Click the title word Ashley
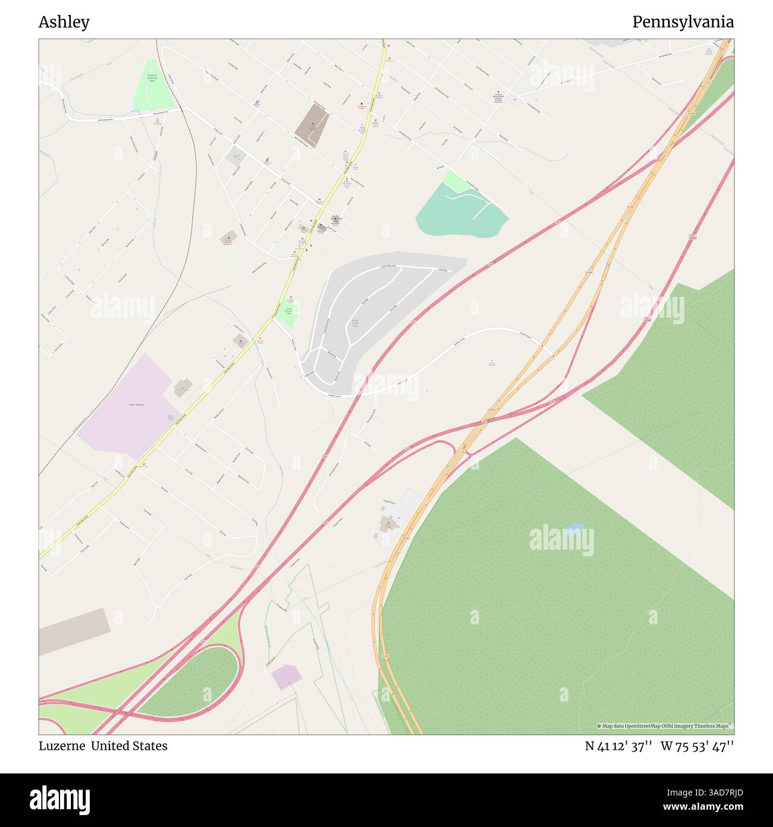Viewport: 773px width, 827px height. (x=64, y=23)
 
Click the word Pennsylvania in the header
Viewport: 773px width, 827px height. (x=683, y=23)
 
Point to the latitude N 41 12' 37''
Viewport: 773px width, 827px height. (x=619, y=746)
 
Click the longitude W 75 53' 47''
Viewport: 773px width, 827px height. (x=697, y=746)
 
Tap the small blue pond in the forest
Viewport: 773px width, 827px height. (x=574, y=527)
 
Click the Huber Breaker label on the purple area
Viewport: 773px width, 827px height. (x=137, y=405)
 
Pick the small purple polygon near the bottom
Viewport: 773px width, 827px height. (x=285, y=677)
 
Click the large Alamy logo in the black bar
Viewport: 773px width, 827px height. (x=60, y=800)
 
